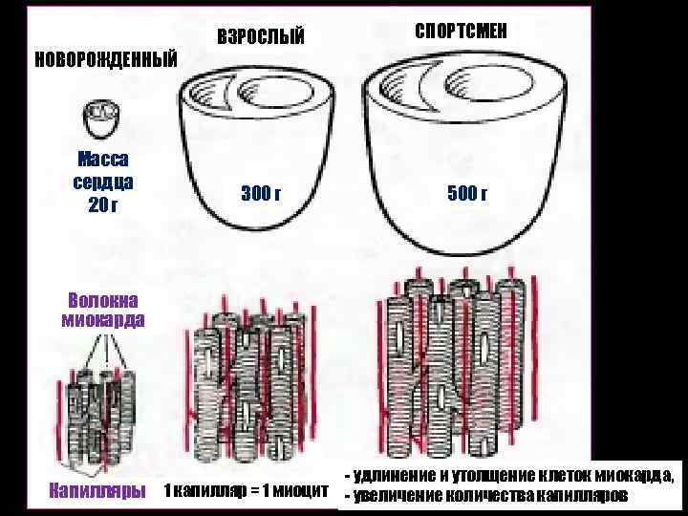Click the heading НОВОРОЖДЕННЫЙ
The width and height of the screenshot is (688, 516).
106,58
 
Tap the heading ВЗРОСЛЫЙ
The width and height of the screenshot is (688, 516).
261,37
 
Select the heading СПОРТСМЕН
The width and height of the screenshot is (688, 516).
462,32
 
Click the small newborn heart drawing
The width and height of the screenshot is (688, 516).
102,120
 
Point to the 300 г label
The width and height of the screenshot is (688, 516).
261,194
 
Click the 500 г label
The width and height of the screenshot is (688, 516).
467,194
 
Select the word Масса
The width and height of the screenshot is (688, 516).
102,160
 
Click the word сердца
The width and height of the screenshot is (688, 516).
102,182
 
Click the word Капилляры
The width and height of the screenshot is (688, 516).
97,491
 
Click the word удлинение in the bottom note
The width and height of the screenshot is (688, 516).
394,476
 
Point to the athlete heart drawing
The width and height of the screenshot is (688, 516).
463,143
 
